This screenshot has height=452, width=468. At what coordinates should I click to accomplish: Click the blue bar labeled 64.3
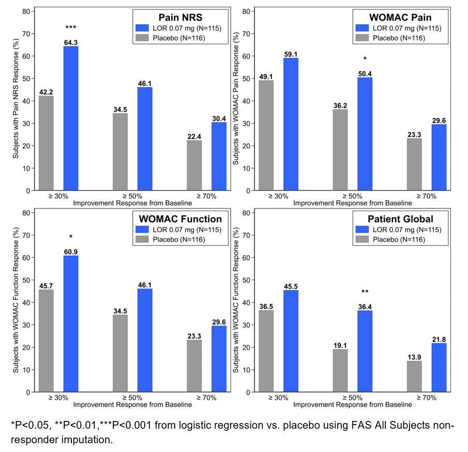tap(71, 118)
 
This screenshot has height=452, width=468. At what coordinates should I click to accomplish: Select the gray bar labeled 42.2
tap(46, 143)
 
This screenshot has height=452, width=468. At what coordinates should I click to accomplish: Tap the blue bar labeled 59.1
tap(291, 124)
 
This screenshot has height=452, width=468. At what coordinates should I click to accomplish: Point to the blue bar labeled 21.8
tap(439, 367)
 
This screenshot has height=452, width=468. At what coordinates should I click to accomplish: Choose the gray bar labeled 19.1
tap(340, 370)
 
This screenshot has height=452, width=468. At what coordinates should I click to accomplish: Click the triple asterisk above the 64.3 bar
tap(71, 27)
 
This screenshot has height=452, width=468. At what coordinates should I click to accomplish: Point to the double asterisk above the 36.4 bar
tap(365, 292)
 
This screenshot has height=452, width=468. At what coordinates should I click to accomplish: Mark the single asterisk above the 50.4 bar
tap(365, 59)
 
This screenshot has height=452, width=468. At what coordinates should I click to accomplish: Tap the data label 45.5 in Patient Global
tap(291, 285)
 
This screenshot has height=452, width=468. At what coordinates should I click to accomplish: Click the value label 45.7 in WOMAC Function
tap(46, 285)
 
